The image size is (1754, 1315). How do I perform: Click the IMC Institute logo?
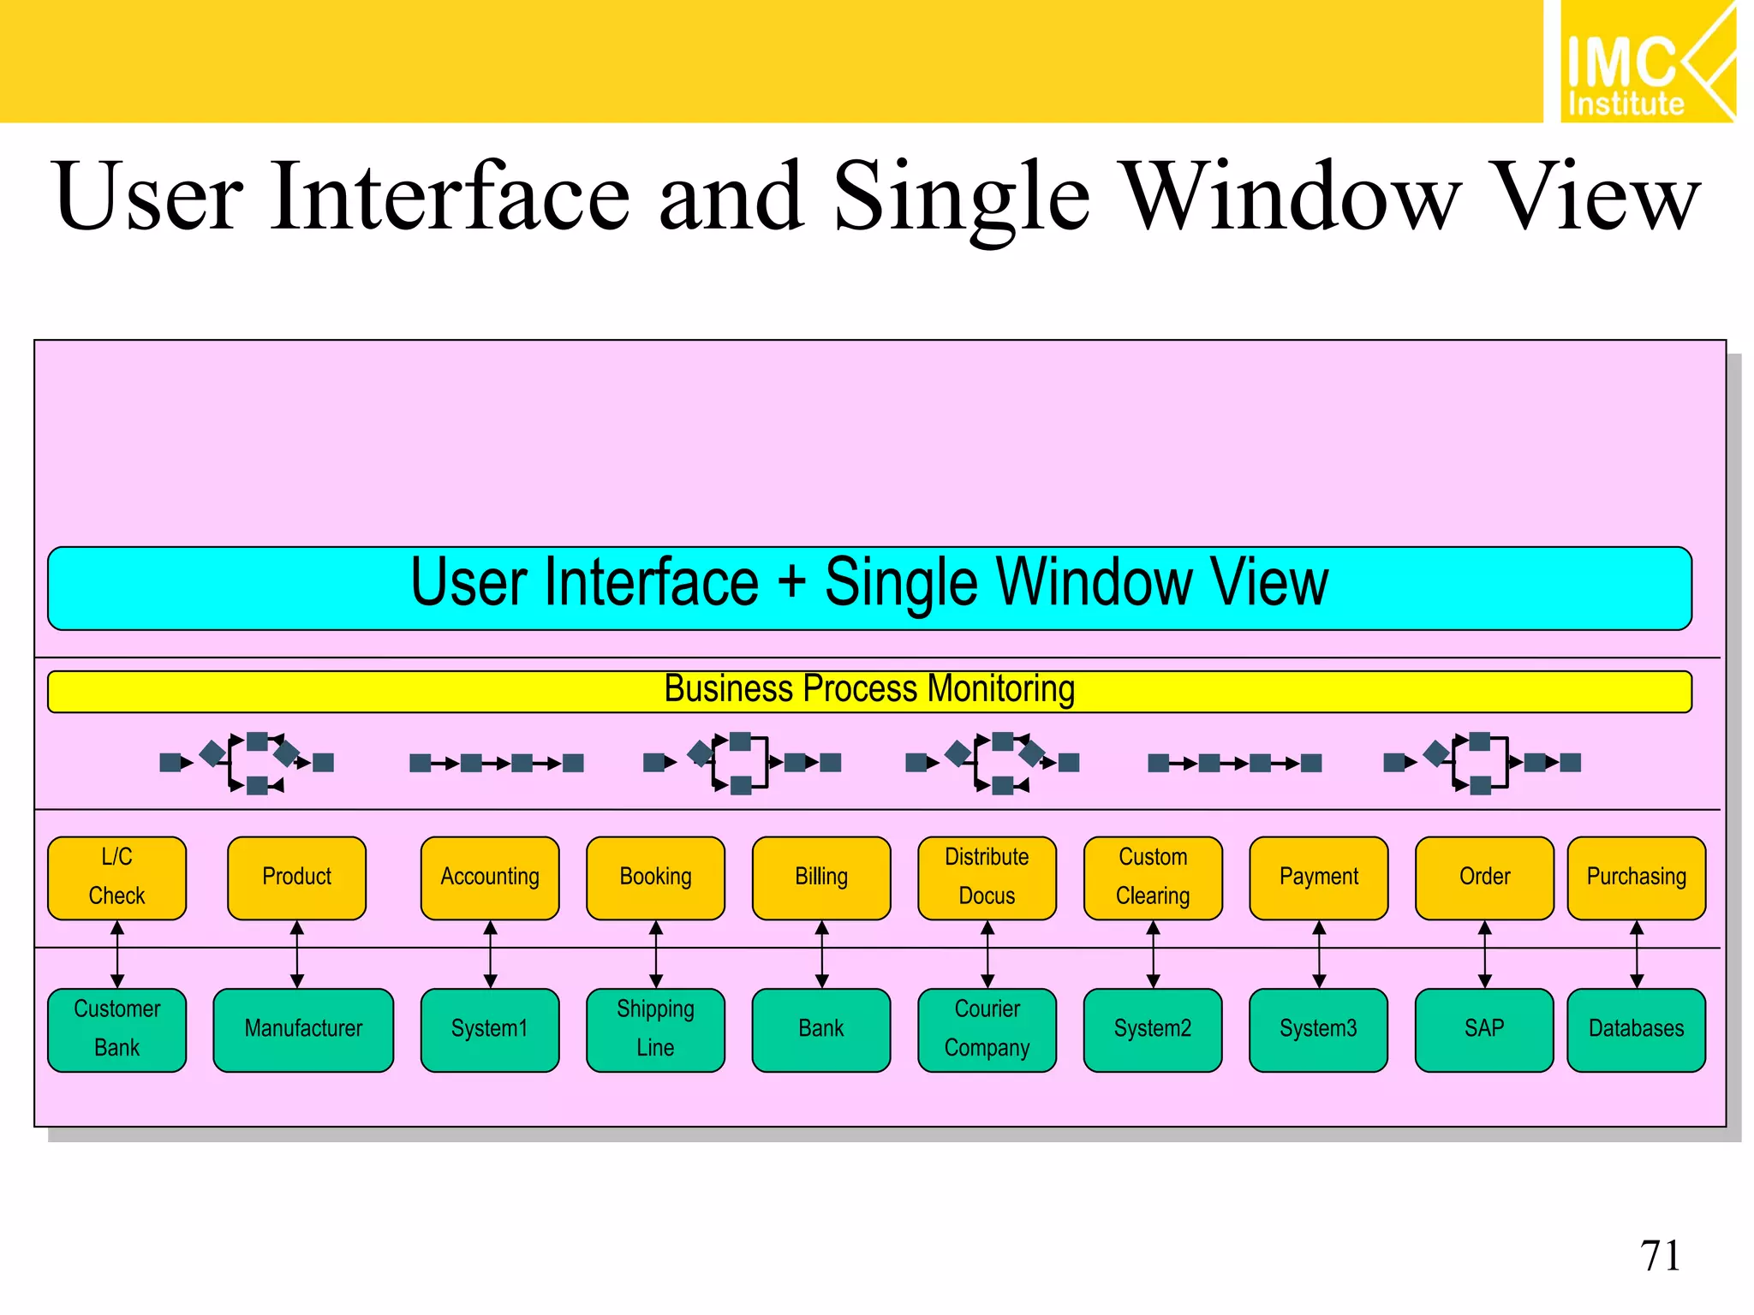[1646, 62]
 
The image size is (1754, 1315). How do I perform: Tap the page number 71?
[1659, 1256]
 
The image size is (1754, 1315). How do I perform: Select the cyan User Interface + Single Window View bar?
[868, 588]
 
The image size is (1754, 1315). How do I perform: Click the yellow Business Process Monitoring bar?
[868, 691]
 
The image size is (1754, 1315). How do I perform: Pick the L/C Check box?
[117, 878]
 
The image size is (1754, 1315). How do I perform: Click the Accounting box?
[490, 878]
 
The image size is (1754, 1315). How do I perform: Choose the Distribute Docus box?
[987, 878]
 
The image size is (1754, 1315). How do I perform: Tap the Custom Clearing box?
[1153, 878]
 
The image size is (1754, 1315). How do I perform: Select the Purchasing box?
[1636, 878]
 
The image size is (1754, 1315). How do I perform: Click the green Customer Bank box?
[117, 1029]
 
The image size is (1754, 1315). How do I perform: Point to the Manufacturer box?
[303, 1029]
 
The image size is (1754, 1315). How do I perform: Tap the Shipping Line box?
[655, 1029]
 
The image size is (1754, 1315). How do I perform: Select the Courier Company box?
[987, 1029]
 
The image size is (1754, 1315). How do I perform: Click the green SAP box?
[1484, 1029]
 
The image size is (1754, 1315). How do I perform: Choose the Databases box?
[1636, 1029]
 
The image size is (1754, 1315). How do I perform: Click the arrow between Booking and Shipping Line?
[656, 955]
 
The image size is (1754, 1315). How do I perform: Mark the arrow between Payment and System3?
[1319, 955]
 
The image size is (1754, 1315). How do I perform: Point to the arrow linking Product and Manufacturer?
[297, 955]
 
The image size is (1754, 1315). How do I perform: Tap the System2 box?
[1153, 1029]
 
